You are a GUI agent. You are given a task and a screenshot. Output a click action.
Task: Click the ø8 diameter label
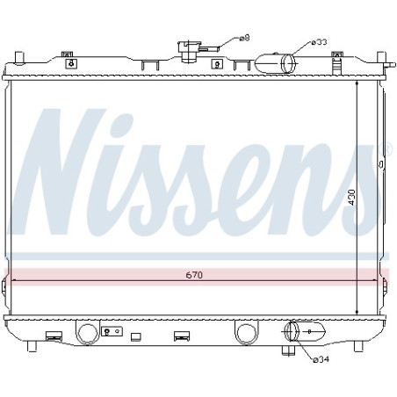click(244, 38)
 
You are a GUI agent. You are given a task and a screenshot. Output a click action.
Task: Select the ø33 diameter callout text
click(319, 42)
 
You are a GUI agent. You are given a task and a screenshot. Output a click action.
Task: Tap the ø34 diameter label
click(321, 359)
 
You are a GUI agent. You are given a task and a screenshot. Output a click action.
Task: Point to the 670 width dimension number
click(194, 275)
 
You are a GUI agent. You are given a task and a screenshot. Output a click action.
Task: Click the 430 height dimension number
click(351, 198)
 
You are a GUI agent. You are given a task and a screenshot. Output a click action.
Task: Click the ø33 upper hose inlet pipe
click(275, 63)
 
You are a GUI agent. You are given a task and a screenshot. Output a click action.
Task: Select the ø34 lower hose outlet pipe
click(305, 331)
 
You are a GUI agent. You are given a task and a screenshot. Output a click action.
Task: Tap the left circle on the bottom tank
click(87, 334)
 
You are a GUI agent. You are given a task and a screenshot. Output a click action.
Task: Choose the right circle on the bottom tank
click(247, 334)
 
